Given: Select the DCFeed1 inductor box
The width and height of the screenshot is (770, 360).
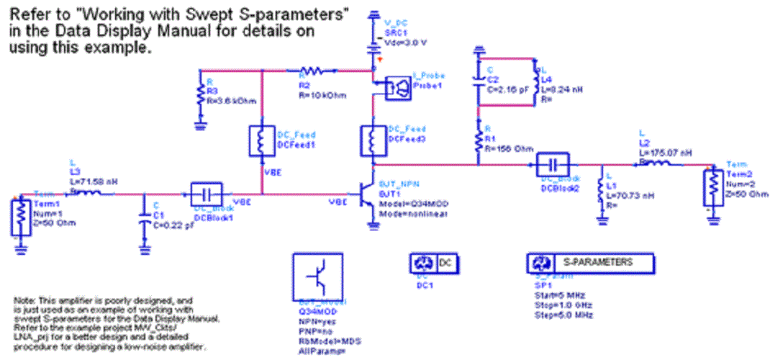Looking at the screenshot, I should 261,141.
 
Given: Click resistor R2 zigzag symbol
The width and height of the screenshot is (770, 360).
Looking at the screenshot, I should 314,71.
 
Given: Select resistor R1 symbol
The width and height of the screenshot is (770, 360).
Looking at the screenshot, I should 478,140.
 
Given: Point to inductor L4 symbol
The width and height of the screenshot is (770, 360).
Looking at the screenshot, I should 535,78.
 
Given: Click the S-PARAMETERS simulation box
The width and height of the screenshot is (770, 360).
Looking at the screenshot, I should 589,263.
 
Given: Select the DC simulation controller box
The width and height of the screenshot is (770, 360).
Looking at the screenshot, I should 434,263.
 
